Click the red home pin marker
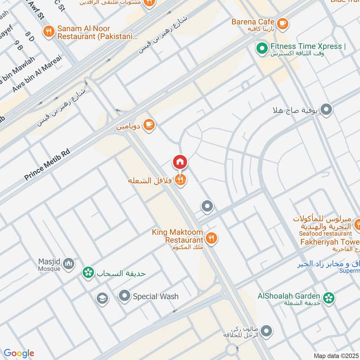pyautogui.click(x=180, y=162)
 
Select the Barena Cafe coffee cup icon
pyautogui.click(x=282, y=22)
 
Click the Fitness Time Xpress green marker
pyautogui.click(x=261, y=47)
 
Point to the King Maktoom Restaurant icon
pyautogui.click(x=211, y=237)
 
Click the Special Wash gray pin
pyautogui.click(x=124, y=296)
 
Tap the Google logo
pyautogui.click(x=19, y=353)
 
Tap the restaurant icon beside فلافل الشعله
pyautogui.click(x=181, y=180)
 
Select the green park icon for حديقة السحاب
pyautogui.click(x=88, y=273)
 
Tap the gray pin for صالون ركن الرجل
pyautogui.click(x=266, y=332)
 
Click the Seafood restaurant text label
pyautogui.click(x=325, y=234)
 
